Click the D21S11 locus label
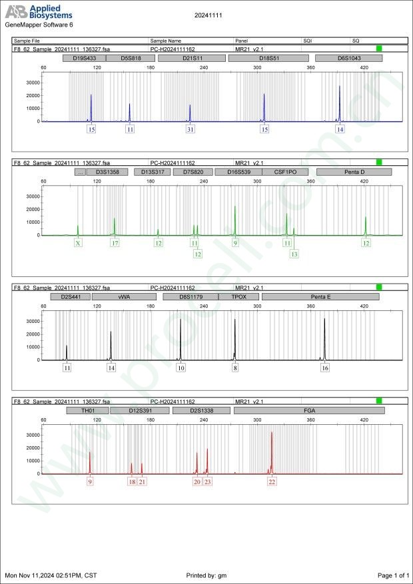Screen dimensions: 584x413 (193, 58)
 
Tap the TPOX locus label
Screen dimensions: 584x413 (238, 297)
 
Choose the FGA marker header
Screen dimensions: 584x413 (309, 411)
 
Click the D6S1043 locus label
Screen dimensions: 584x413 (349, 58)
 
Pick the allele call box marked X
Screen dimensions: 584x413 (78, 243)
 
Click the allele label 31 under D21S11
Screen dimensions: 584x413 (191, 129)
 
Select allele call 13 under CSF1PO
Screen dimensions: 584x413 (294, 254)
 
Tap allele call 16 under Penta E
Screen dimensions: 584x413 (325, 368)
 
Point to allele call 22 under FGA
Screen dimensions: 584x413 (272, 481)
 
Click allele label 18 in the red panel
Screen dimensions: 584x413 (132, 481)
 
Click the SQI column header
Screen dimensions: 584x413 (308, 41)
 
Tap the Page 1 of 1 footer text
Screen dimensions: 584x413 (392, 575)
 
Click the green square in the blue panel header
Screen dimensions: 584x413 (379, 49)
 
